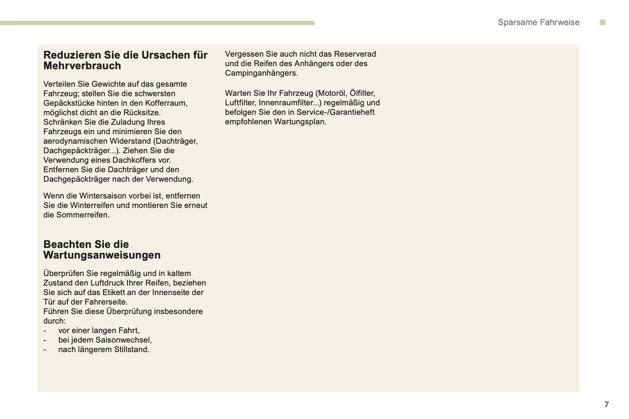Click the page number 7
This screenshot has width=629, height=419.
[x=606, y=405]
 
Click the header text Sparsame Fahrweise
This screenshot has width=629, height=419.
[x=538, y=23]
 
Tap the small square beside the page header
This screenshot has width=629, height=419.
[x=602, y=23]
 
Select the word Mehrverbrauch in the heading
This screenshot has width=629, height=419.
[x=82, y=66]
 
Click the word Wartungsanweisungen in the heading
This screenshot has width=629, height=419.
[x=102, y=255]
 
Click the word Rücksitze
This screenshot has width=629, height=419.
[x=142, y=113]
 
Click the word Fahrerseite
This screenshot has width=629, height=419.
[x=106, y=302]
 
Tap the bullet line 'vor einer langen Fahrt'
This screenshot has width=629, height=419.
[x=99, y=331]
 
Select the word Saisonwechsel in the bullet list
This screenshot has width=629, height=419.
[x=123, y=340]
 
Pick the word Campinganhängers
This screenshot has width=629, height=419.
[x=261, y=74]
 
